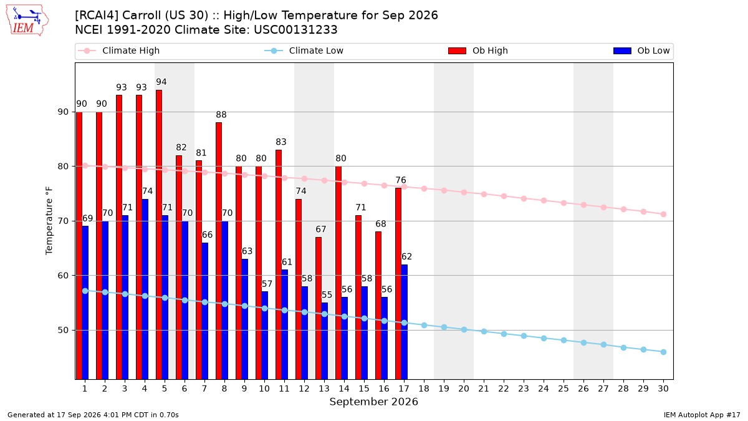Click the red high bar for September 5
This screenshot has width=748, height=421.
159,235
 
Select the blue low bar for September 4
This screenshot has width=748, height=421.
145,289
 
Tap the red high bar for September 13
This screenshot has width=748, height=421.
319,308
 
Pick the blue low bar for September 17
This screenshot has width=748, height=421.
405,322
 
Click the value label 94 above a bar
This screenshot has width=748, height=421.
161,82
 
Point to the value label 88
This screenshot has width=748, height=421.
221,115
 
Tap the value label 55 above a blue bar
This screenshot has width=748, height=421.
327,294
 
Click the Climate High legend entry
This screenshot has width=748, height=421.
119,51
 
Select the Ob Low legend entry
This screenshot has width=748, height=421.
641,51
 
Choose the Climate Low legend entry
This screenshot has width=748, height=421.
304,51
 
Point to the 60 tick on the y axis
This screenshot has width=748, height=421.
63,276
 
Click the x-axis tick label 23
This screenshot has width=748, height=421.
524,389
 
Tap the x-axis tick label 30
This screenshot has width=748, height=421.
663,389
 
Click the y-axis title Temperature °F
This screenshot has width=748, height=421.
49,221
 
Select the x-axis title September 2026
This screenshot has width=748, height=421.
373,402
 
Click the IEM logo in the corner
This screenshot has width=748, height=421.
27,21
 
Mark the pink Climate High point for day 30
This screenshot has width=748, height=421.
663,214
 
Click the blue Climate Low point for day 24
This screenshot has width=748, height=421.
544,338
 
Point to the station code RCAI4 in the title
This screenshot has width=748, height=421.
97,16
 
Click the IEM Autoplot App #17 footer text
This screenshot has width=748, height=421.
702,415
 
